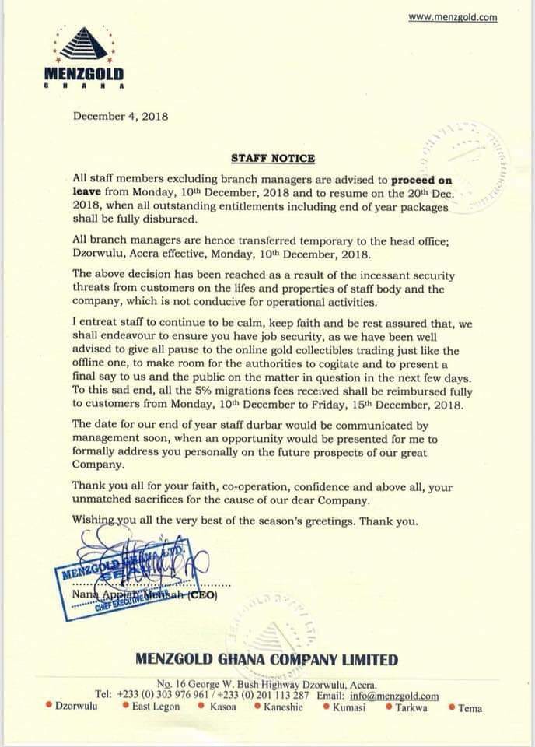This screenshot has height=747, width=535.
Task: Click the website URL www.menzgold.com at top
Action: [453, 17]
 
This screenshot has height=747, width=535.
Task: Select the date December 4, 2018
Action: [121, 116]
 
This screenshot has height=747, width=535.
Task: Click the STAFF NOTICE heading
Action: [273, 158]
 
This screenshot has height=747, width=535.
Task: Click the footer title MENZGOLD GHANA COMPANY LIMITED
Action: [267, 660]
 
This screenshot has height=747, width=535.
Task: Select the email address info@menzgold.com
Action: [398, 696]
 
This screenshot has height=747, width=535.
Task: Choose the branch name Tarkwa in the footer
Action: [411, 707]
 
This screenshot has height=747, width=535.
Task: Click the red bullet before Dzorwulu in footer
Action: [49, 707]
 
